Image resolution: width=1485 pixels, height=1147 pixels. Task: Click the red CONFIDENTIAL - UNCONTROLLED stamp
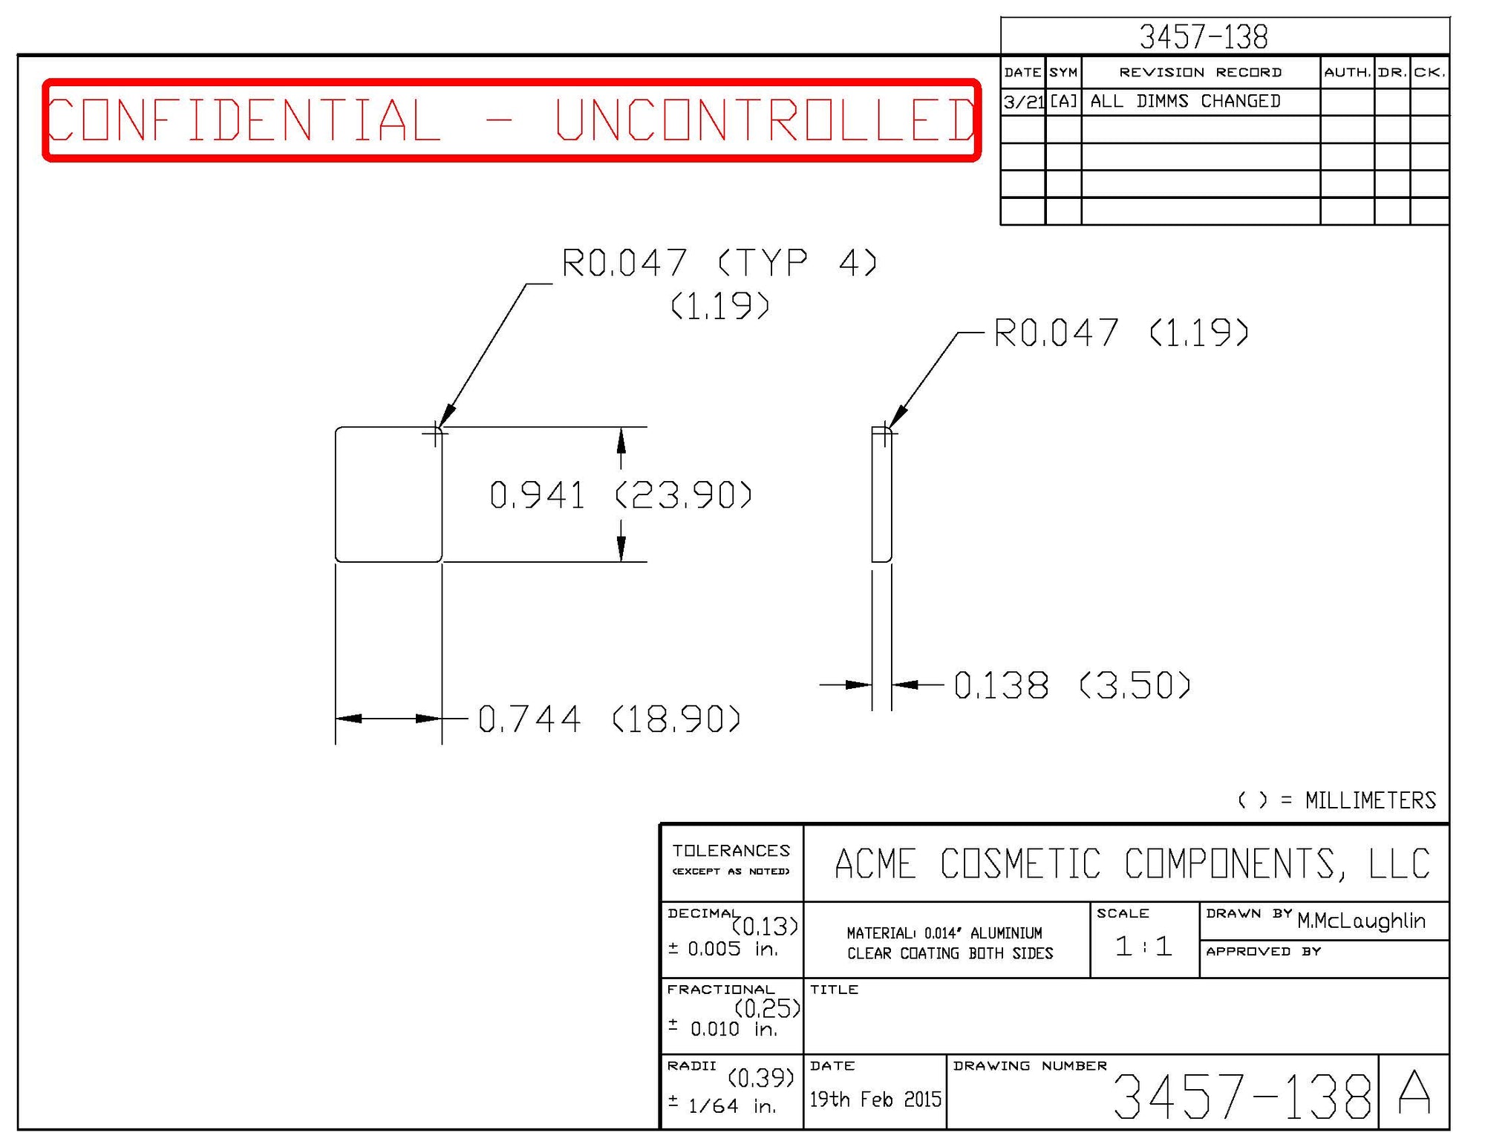pos(511,120)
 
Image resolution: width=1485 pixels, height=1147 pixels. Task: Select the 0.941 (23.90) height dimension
pos(620,495)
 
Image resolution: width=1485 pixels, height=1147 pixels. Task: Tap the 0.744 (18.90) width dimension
pos(609,719)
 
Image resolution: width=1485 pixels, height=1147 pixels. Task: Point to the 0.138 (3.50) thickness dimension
pos(1071,684)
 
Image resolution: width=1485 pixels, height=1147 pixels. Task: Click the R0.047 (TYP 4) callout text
pos(719,263)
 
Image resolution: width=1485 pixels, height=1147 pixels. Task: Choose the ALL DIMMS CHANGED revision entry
pos(1185,101)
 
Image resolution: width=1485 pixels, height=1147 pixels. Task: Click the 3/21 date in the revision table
pos(1023,102)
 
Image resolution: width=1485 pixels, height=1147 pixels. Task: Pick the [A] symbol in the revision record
pos(1063,101)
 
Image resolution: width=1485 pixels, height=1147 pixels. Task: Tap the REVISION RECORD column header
pos(1200,72)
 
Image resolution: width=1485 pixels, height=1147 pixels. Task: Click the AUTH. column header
pos(1347,72)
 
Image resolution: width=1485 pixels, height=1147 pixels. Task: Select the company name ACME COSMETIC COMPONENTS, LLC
pos(1132,863)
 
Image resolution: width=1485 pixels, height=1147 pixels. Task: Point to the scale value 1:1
pos(1143,946)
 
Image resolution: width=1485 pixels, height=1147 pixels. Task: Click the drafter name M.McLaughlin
pos(1361,921)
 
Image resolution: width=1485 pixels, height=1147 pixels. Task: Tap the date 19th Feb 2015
pos(875,1099)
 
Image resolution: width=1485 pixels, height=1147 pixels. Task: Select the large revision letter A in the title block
pos(1414,1093)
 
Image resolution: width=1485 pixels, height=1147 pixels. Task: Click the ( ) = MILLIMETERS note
pos(1336,800)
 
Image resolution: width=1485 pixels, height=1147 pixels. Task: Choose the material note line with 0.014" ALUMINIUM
pos(944,933)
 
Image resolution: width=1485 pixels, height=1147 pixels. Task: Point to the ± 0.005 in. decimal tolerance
pos(722,949)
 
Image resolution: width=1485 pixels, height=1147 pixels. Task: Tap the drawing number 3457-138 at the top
pos(1203,36)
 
